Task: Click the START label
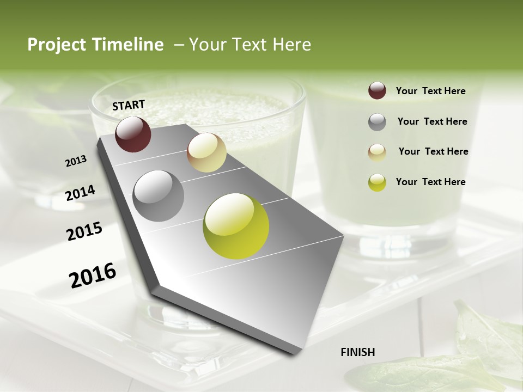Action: pyautogui.click(x=129, y=105)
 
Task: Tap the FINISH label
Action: pyautogui.click(x=357, y=352)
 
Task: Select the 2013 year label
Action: pyautogui.click(x=76, y=161)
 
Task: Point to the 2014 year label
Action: pyautogui.click(x=80, y=193)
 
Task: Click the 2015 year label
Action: pyautogui.click(x=84, y=231)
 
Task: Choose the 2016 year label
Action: pyautogui.click(x=93, y=275)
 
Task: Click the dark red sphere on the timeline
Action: pyautogui.click(x=133, y=134)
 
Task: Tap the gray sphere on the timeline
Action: pyautogui.click(x=158, y=195)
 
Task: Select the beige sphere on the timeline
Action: pyautogui.click(x=206, y=152)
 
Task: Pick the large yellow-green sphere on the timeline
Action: pyautogui.click(x=236, y=226)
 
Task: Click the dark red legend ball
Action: pyautogui.click(x=377, y=90)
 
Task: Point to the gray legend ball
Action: pyautogui.click(x=377, y=122)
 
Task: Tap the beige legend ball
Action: pyautogui.click(x=377, y=152)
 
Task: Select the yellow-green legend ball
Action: pyautogui.click(x=377, y=182)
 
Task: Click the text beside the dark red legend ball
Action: pyautogui.click(x=430, y=91)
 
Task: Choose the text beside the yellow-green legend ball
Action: pyautogui.click(x=430, y=182)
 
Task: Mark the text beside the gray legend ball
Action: pyautogui.click(x=432, y=121)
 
